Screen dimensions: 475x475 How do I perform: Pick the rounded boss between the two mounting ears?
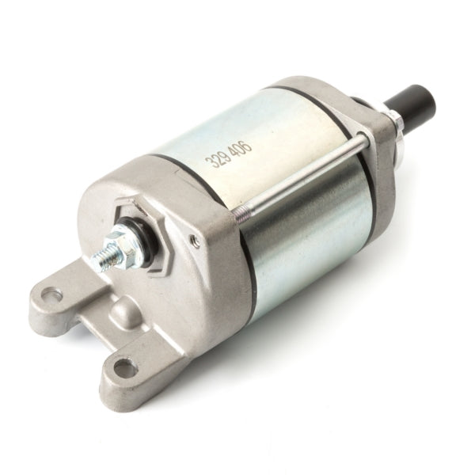(x=126, y=314)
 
